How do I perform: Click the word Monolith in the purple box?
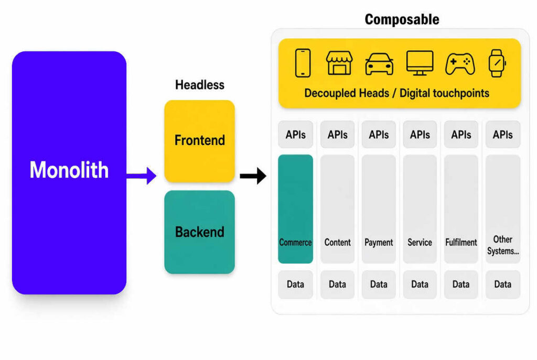(x=69, y=170)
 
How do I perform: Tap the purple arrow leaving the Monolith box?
(x=142, y=176)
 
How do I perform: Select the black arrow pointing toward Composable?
(x=253, y=176)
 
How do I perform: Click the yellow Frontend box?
(x=200, y=141)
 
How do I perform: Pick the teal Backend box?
(x=200, y=232)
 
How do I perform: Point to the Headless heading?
(x=200, y=85)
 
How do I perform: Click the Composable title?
(x=402, y=19)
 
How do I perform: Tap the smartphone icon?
(x=303, y=63)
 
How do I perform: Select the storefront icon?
(x=339, y=63)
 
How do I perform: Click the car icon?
(x=379, y=64)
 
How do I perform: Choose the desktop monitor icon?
(x=420, y=63)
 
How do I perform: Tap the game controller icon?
(x=460, y=63)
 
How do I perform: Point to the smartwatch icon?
(x=497, y=63)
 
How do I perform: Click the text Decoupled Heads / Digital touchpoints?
(x=396, y=93)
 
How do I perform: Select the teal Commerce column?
(x=296, y=209)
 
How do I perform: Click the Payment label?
(x=379, y=243)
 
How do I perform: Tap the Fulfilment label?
(x=461, y=242)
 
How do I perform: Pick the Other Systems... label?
(x=503, y=245)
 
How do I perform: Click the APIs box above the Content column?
(x=337, y=135)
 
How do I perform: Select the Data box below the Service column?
(x=420, y=285)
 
